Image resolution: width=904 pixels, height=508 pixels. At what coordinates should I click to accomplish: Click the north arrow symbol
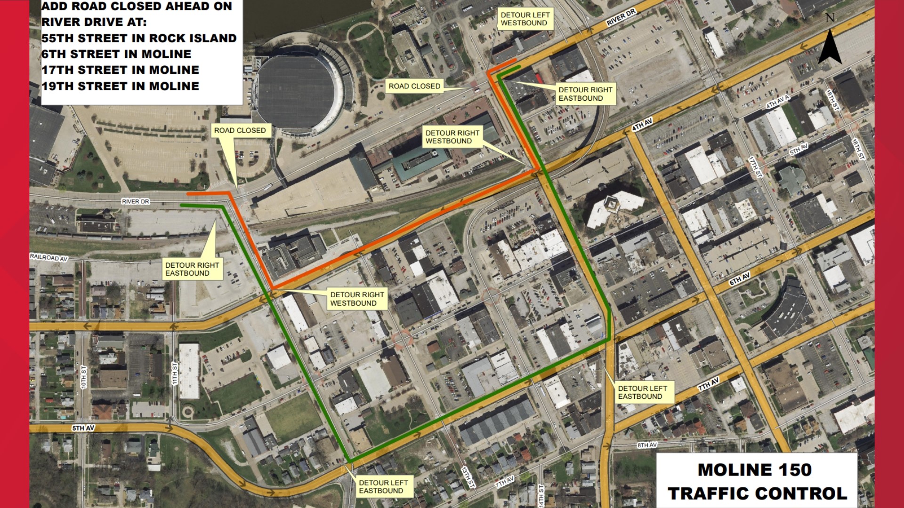coord(830,45)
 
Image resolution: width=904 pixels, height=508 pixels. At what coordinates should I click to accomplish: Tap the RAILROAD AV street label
coord(49,258)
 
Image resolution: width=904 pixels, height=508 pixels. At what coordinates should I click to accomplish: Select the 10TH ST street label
coord(83,377)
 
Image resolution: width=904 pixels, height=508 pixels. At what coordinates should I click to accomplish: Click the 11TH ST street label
coord(175,373)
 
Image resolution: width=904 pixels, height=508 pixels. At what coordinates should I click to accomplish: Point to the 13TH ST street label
coord(468,477)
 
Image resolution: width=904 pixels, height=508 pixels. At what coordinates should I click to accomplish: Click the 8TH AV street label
coord(647,445)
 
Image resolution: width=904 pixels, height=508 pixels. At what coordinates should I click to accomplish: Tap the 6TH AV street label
coord(739,279)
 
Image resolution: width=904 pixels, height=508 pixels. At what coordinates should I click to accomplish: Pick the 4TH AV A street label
coord(777,102)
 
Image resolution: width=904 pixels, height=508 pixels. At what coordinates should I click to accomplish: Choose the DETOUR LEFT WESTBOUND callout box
coord(525,19)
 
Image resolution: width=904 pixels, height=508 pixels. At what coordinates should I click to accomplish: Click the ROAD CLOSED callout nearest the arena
coord(240,130)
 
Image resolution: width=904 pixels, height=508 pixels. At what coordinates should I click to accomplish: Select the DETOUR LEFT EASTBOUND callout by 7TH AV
coord(642,392)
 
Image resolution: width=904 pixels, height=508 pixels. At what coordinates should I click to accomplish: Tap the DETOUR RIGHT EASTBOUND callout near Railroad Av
coord(192,269)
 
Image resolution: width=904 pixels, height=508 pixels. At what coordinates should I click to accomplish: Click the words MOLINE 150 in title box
coord(754,470)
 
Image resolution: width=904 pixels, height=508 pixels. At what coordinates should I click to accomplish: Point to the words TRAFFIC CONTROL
coord(757,493)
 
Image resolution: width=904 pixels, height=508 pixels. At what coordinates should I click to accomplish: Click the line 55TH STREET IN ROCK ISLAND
coord(139,38)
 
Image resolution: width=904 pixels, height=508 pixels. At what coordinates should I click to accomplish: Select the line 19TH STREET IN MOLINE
coord(120,86)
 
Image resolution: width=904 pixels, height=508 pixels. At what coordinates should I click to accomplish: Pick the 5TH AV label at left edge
coord(83,428)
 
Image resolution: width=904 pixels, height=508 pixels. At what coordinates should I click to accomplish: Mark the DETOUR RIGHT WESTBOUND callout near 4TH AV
coord(452,137)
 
